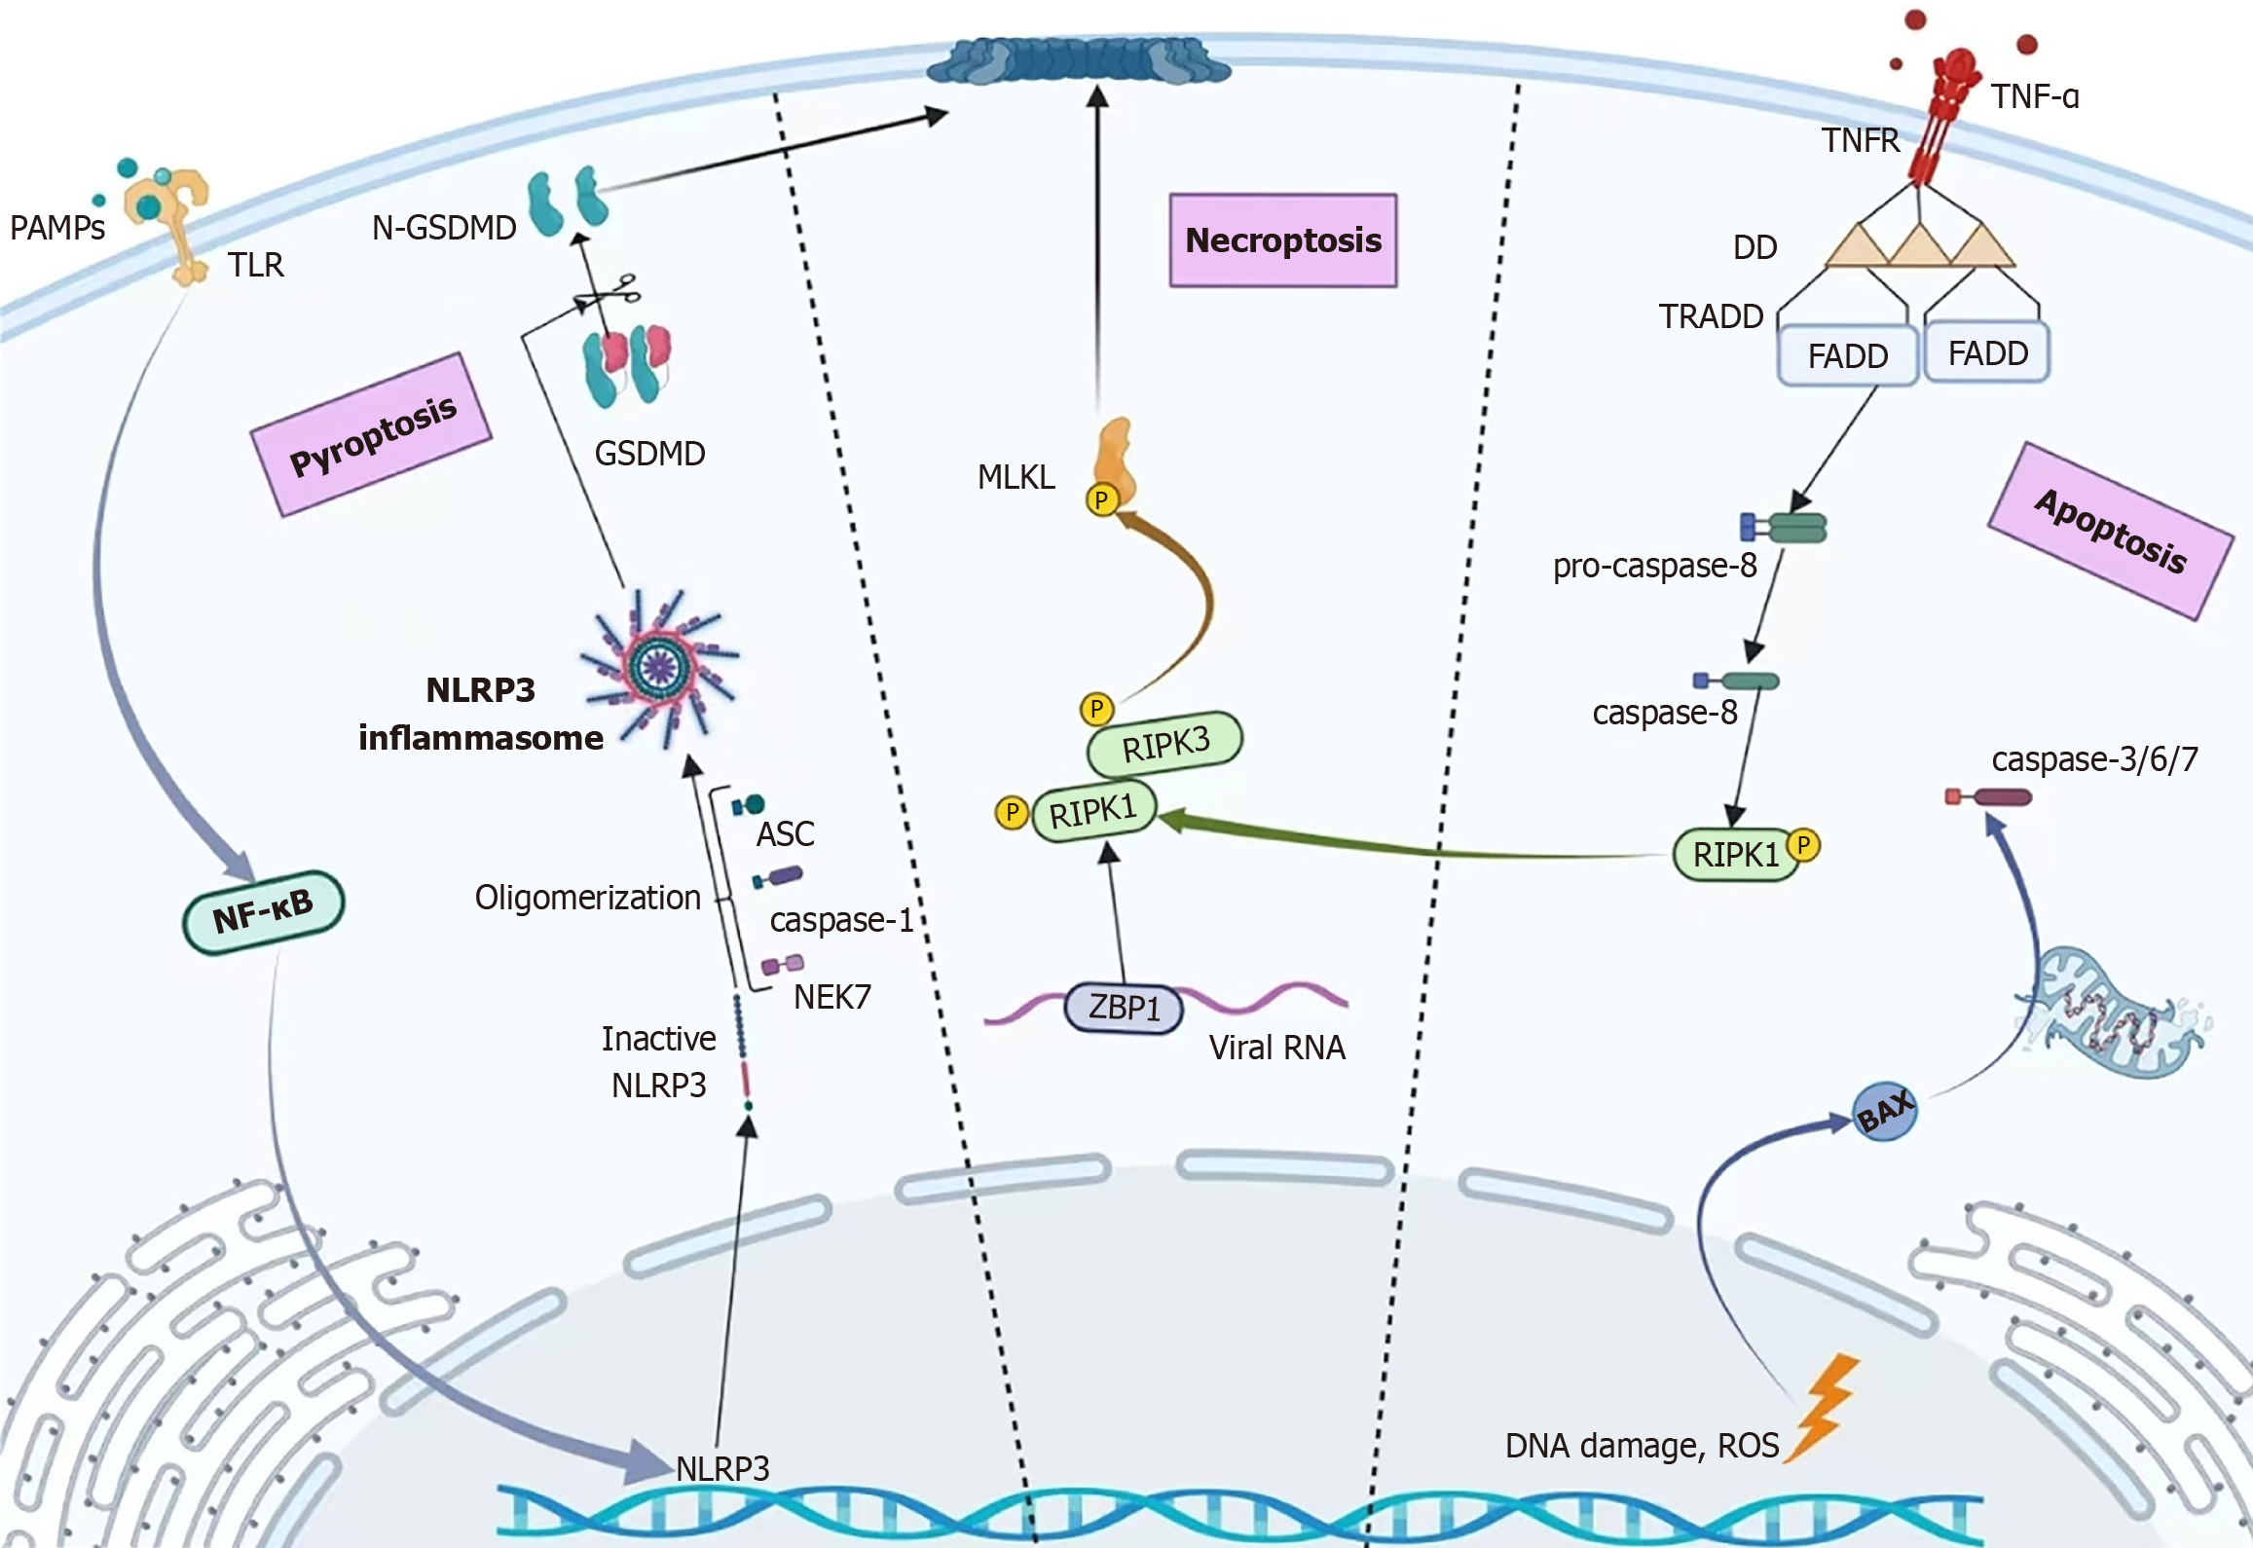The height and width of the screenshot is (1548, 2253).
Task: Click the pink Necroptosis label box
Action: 1283,240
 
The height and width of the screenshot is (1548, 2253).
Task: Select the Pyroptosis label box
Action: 372,435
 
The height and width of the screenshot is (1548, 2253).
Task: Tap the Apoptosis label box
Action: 2110,532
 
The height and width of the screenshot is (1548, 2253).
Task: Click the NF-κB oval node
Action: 263,911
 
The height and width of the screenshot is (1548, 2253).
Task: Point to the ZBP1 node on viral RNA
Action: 1124,1008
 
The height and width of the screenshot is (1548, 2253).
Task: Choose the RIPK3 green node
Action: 1164,744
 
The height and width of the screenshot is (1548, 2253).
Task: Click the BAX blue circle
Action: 1884,1112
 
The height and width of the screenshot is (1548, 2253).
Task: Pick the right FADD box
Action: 1987,353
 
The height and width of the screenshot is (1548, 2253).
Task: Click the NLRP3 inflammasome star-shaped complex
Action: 661,668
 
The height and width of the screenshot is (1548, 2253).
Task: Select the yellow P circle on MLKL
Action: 1101,500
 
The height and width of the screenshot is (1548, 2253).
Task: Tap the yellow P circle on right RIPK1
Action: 1803,845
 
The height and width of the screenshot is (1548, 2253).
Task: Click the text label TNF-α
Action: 2034,96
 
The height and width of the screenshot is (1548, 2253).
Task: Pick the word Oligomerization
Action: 587,897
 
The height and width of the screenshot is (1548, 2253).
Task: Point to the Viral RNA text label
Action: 1276,1048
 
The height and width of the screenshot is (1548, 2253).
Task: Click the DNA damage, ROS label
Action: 1642,1446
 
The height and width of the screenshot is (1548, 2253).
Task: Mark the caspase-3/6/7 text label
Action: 2094,759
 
